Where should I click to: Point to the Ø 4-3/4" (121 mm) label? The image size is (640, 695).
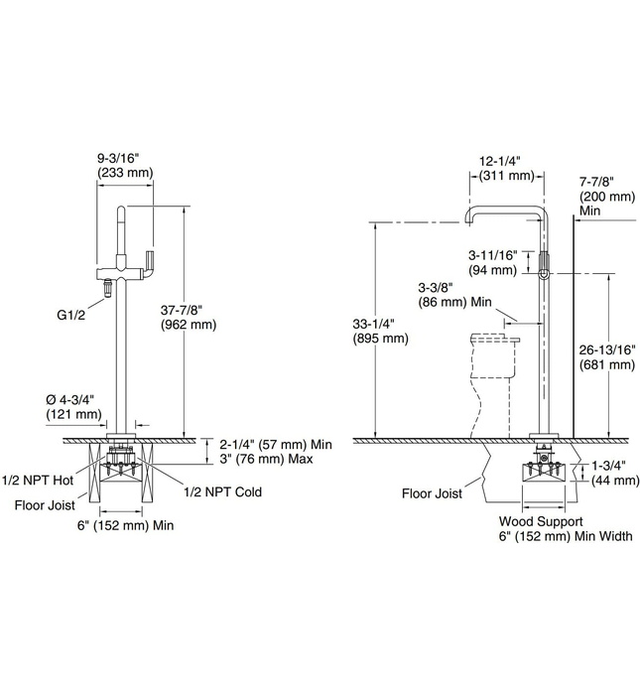(73, 407)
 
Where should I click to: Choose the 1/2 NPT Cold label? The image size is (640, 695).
(222, 491)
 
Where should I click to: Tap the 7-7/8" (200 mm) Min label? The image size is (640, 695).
(606, 197)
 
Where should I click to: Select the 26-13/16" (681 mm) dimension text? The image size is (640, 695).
(606, 357)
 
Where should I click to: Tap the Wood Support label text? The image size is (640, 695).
(541, 520)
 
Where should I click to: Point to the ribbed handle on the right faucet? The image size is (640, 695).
(544, 263)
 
